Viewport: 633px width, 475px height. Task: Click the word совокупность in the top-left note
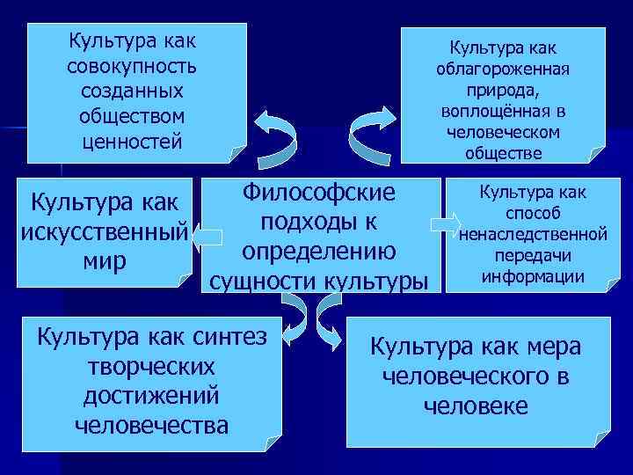(x=131, y=66)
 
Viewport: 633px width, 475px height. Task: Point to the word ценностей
(x=131, y=139)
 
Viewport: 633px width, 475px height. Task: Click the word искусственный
(x=103, y=233)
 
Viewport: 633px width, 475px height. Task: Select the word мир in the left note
(x=104, y=261)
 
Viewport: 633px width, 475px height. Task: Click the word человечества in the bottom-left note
(x=151, y=426)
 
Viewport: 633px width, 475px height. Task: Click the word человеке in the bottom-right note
(x=476, y=406)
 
